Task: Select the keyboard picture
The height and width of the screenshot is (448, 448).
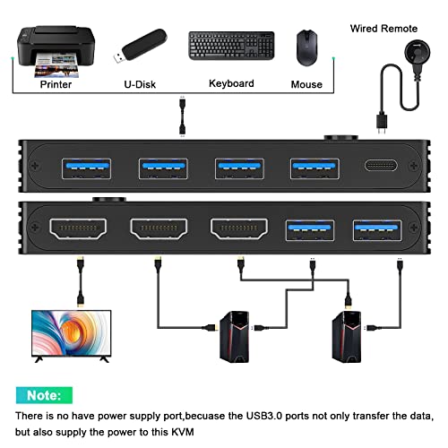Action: click(x=230, y=47)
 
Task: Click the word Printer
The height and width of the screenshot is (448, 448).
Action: click(x=56, y=84)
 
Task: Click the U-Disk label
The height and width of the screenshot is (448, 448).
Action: click(x=143, y=84)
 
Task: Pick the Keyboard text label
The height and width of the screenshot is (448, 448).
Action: click(x=231, y=83)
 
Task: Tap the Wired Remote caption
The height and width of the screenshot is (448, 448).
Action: click(x=383, y=28)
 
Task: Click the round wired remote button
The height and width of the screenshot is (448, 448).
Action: click(x=412, y=51)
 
